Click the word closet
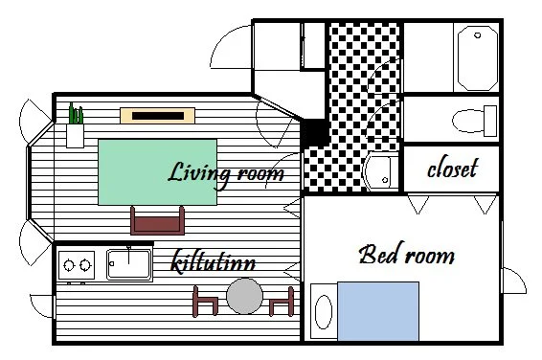click(453, 169)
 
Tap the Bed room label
click(407, 254)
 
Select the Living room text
click(226, 174)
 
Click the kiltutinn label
click(214, 261)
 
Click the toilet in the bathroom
click(474, 121)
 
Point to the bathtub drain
click(477, 35)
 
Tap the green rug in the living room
click(158, 172)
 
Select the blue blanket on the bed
click(378, 311)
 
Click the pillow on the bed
click(324, 312)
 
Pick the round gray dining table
click(245, 296)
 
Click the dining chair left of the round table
click(205, 302)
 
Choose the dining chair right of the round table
click(282, 302)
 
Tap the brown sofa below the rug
click(157, 221)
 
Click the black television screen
click(158, 116)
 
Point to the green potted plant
click(76, 113)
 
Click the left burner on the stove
click(69, 265)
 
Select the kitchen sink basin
click(128, 264)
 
